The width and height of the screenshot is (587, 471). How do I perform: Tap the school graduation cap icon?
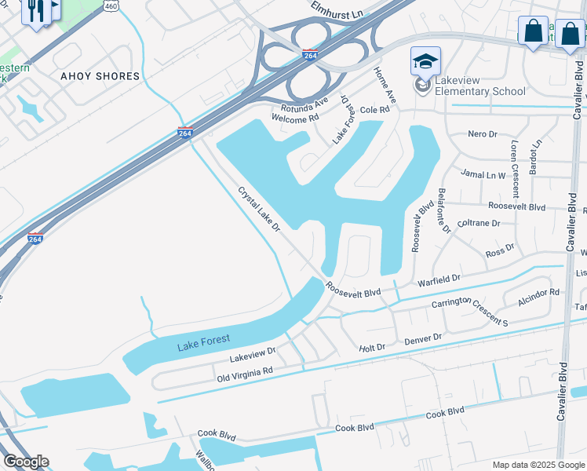(425, 60)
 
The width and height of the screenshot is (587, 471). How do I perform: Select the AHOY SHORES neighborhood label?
(100, 77)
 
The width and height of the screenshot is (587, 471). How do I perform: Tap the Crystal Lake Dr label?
(260, 209)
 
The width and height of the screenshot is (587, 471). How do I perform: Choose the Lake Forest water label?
(203, 340)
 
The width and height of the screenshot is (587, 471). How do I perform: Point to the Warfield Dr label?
(438, 278)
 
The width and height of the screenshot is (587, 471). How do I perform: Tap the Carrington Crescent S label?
(469, 312)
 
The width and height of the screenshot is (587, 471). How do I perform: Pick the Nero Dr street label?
(482, 134)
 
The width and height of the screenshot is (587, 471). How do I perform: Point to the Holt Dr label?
(372, 347)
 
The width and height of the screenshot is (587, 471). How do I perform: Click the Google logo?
(26, 462)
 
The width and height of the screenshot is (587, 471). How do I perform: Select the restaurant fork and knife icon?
(34, 9)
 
